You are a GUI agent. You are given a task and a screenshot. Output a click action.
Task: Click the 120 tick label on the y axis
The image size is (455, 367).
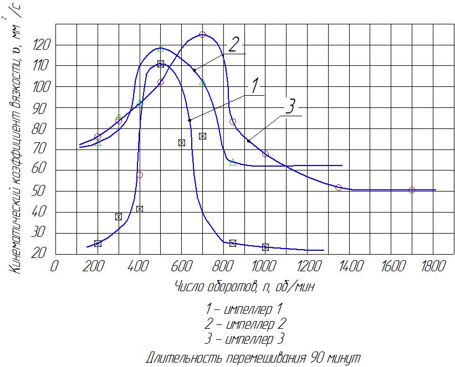tap(41, 45)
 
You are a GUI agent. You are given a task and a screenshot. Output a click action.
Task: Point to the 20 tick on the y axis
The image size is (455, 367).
tap(39, 254)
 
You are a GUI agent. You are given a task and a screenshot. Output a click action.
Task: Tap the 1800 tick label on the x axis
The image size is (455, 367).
tap(433, 266)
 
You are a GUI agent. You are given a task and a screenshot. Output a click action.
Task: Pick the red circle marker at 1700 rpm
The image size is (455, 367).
tap(412, 190)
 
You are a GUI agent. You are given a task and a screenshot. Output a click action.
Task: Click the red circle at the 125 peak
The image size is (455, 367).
tap(202, 34)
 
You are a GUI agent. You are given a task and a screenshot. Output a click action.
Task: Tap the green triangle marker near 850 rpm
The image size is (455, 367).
tap(233, 162)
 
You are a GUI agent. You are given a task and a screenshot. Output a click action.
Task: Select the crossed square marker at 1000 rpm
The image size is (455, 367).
tap(265, 247)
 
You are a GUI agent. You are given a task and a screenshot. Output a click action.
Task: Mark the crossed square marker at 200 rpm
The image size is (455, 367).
tap(98, 244)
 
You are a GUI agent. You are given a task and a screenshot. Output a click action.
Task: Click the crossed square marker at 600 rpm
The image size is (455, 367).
tap(182, 143)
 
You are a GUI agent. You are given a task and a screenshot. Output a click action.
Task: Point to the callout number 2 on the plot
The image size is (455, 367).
tap(233, 45)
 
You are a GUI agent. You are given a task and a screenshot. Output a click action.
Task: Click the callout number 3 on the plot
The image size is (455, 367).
tap(290, 106)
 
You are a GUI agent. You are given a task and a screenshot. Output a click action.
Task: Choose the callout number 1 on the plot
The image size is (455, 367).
tap(254, 86)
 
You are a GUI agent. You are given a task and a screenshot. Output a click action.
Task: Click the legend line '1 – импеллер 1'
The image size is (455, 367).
tap(244, 309)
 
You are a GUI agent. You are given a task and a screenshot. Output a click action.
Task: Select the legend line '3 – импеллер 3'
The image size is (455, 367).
tap(244, 339)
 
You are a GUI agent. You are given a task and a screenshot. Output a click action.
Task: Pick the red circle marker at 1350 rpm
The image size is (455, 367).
tap(339, 187)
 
